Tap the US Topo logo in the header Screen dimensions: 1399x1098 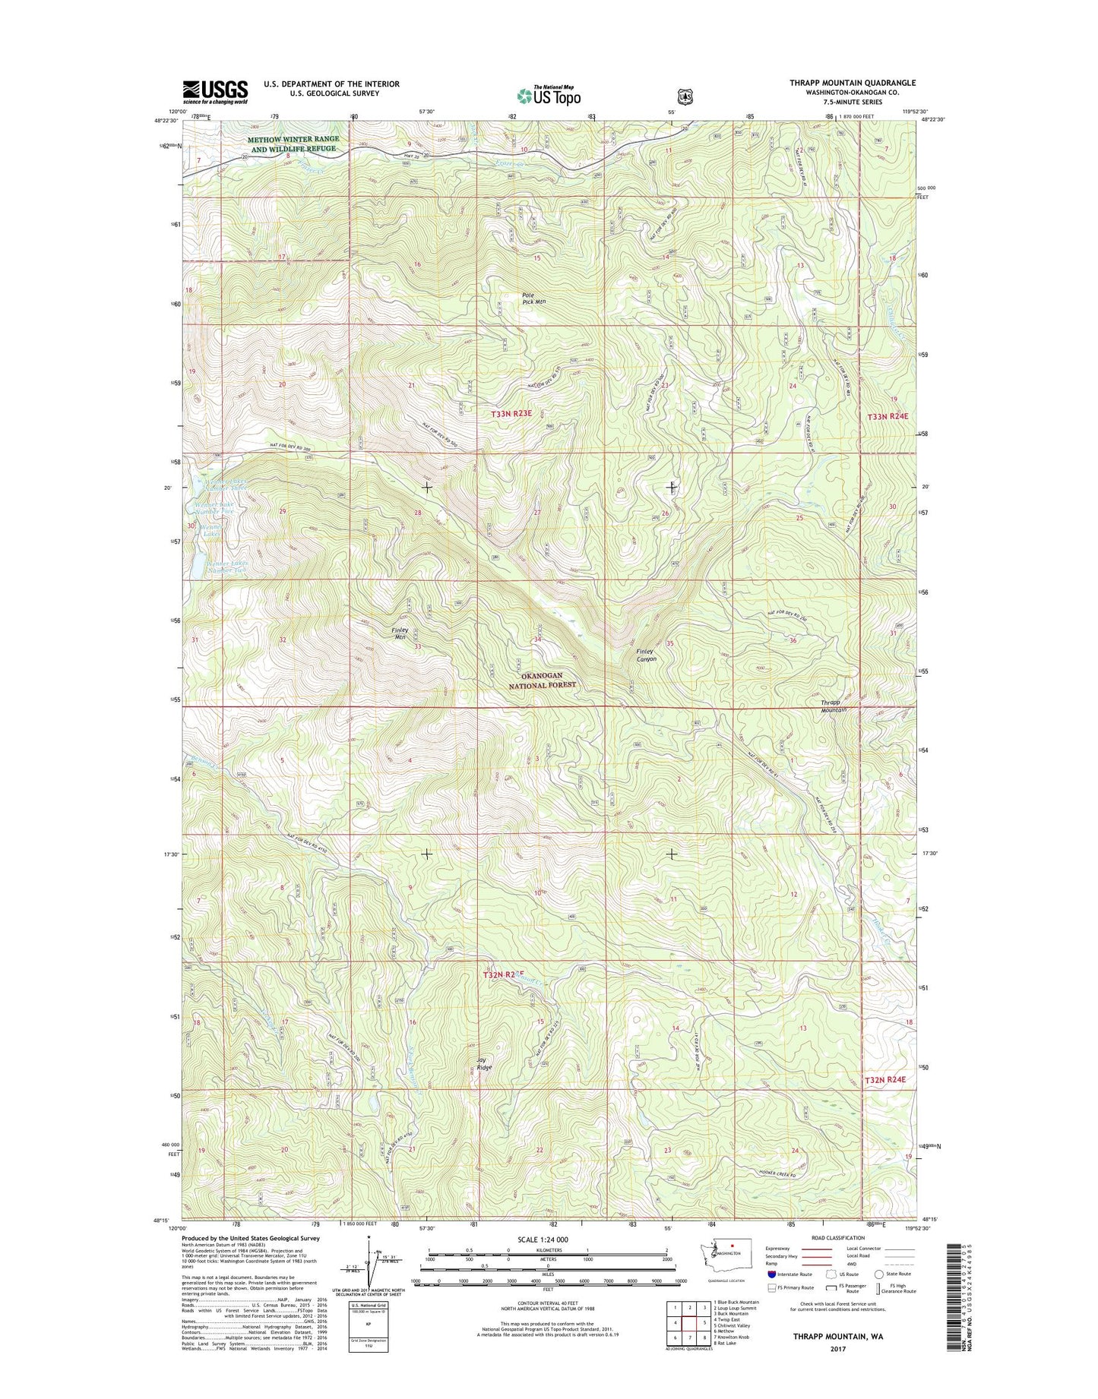[549, 95]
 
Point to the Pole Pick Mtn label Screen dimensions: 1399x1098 [533, 298]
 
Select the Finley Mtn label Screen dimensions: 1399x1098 [400, 633]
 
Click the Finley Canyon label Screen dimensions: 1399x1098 [646, 655]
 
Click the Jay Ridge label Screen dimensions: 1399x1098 [484, 1063]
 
